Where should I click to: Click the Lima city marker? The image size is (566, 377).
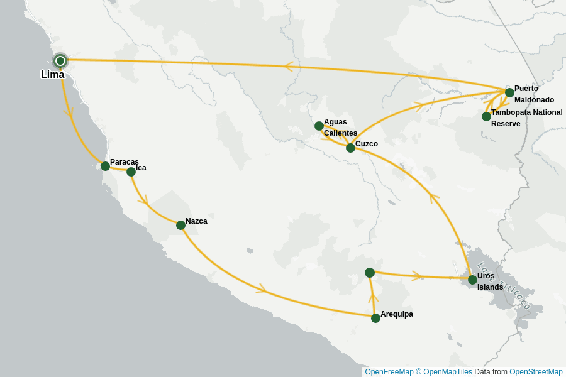coord(60,61)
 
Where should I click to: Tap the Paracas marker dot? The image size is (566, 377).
coord(105,166)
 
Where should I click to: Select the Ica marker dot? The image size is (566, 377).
coord(131,172)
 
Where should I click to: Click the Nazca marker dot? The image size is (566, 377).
coord(180,225)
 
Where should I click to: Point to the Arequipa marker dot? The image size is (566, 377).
coord(375,318)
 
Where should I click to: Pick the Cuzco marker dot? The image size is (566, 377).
coord(350,148)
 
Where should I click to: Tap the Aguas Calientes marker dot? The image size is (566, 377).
coord(319,126)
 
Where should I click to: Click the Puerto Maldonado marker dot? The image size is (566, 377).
coord(509,92)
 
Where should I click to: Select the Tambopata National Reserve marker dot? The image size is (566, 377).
coord(486,116)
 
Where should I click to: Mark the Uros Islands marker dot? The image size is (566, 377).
coord(472,280)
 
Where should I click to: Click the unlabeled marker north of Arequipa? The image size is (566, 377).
coord(370,273)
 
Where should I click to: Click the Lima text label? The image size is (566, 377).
coord(52,75)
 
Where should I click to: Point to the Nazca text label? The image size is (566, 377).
coord(196,221)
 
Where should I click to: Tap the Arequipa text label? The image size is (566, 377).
coord(397,314)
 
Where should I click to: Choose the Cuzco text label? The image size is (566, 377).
coord(367,144)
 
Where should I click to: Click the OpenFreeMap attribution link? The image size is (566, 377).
coord(389,372)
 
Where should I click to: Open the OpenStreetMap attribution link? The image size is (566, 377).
coord(536,372)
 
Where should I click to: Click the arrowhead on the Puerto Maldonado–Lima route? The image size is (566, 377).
coord(288,66)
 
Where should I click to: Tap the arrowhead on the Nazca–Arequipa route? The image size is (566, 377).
coord(262,289)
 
